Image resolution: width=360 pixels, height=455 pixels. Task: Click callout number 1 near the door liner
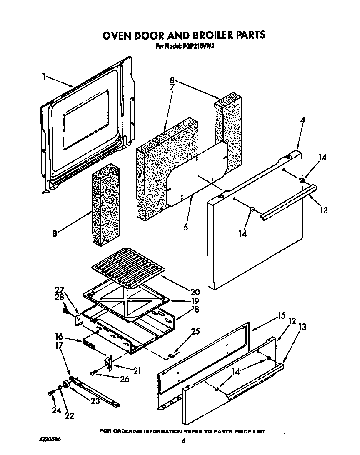(x=44, y=76)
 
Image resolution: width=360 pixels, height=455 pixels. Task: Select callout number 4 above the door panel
(x=302, y=120)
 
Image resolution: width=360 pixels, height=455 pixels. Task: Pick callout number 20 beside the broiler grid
(x=195, y=292)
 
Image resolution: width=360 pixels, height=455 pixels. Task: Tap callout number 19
(x=195, y=301)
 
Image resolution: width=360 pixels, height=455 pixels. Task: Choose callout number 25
(x=195, y=332)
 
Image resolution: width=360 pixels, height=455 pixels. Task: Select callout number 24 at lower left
(x=56, y=410)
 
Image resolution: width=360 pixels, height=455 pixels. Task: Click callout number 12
(x=292, y=321)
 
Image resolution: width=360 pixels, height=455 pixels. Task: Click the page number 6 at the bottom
(x=183, y=441)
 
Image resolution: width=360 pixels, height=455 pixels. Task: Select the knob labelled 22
(x=66, y=384)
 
